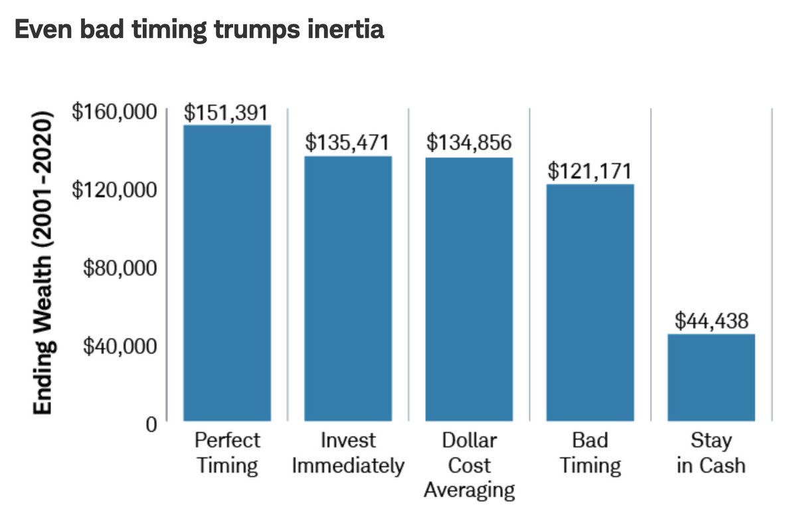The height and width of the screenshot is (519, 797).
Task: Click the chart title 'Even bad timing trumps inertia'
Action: [x=199, y=31]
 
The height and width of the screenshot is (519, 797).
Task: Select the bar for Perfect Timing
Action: [x=227, y=272]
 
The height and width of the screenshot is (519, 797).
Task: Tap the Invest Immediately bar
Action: [x=348, y=288]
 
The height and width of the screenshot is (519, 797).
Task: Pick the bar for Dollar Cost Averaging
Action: [x=469, y=289]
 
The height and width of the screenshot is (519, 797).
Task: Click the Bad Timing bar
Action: [x=590, y=302]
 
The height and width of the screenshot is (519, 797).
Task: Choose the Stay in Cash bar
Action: [x=711, y=377]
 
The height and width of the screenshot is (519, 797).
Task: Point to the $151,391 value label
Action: [x=227, y=113]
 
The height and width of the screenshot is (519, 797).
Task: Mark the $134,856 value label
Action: [x=469, y=143]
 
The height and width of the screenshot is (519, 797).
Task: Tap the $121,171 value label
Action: [x=590, y=171]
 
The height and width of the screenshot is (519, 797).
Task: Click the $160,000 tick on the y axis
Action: [x=114, y=111]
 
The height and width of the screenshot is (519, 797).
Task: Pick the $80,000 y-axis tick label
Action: [x=120, y=267]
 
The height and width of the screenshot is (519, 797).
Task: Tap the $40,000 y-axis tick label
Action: [x=120, y=345]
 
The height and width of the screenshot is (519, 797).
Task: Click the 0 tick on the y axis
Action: [x=151, y=423]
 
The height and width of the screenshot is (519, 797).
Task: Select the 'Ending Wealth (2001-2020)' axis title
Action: [x=43, y=265]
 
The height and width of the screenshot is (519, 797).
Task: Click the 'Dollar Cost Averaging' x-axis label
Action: [x=469, y=465]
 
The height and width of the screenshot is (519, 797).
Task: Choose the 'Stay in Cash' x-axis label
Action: [x=711, y=453]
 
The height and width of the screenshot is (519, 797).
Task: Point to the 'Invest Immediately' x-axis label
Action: [x=348, y=453]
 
